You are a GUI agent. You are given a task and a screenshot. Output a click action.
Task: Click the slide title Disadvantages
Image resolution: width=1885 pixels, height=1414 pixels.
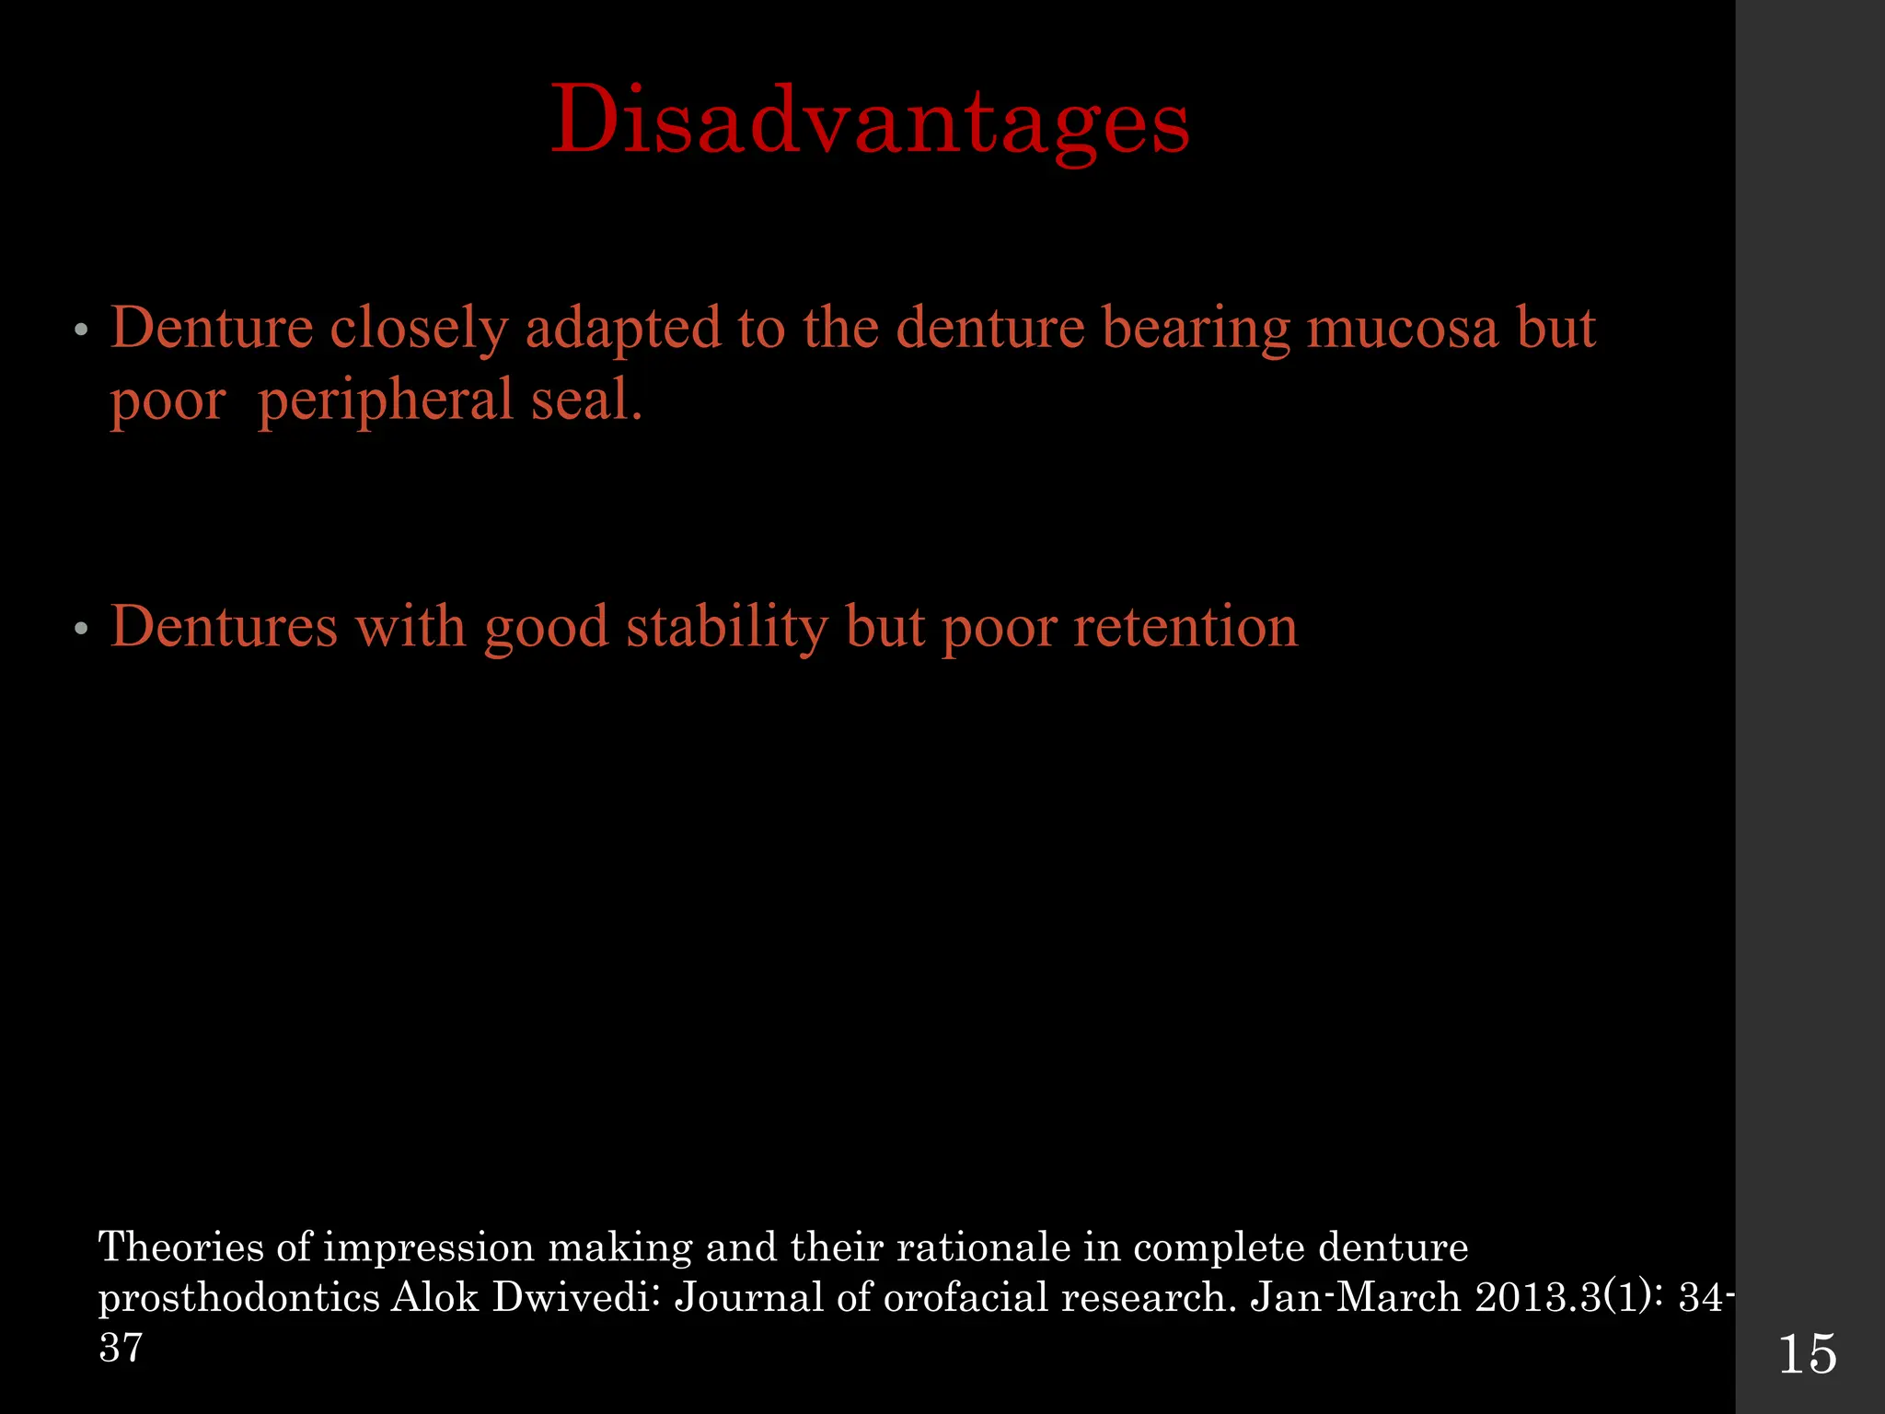pos(870,122)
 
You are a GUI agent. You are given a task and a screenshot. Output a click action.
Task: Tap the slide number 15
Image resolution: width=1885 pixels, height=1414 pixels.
pos(1808,1354)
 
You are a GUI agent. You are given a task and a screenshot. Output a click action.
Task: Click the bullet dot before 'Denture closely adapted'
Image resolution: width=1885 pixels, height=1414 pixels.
pos(81,330)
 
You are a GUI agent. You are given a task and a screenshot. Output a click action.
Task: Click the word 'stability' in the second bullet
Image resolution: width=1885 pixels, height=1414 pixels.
pos(727,628)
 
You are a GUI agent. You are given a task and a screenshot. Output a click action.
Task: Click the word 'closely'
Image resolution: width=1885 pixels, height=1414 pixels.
pos(419,330)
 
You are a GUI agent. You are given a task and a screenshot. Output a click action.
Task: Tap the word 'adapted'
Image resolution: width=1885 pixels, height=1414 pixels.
pos(622,330)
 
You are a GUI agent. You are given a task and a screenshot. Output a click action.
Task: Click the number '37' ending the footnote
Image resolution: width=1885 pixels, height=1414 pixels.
pos(121,1347)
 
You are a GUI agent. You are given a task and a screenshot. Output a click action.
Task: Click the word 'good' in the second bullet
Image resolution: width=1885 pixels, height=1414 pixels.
pos(546,628)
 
